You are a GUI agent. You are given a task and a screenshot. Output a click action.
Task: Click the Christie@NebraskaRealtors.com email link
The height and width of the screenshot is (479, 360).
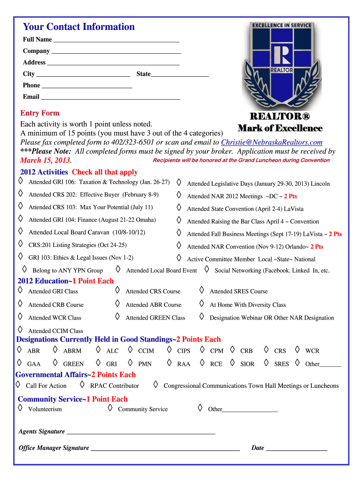pos(272,142)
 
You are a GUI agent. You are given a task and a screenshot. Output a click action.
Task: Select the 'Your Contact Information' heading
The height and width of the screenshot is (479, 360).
pos(79,27)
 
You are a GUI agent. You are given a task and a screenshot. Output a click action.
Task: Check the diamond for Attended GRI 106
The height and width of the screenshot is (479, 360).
pos(20,181)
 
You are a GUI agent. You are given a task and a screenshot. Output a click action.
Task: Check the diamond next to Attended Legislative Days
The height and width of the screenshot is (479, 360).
pos(179,181)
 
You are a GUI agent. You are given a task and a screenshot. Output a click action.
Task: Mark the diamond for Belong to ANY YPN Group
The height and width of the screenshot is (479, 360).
pos(24,269)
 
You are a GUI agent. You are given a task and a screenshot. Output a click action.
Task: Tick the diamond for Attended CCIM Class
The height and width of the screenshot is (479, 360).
pos(20,330)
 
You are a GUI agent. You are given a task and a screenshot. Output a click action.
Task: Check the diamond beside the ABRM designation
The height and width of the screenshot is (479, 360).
pos(55,349)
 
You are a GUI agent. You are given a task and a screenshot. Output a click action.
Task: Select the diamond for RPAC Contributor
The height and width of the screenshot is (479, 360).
pos(82,385)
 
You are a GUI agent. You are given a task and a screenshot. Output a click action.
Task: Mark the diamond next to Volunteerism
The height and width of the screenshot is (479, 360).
pos(20,408)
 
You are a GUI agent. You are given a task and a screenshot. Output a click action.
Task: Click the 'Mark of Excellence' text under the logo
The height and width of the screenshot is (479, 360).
pos(280,128)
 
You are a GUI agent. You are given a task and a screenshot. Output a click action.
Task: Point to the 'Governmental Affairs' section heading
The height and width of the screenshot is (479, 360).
pos(51,375)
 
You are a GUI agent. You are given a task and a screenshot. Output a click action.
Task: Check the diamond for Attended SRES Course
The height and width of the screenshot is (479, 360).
pos(202,290)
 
